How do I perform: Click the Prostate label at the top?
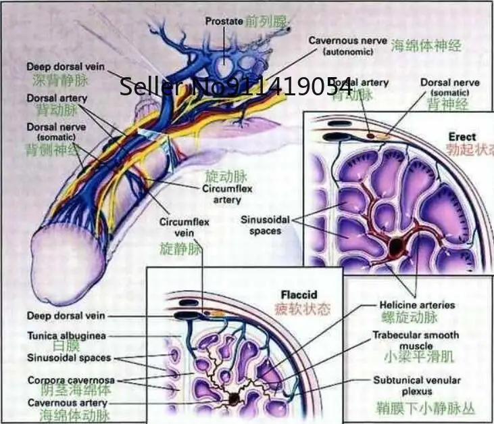224,21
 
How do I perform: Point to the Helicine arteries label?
417,305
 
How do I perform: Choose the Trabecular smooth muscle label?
416,340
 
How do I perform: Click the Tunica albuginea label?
66,335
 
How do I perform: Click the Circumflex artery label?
227,194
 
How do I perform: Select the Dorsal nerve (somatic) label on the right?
449,87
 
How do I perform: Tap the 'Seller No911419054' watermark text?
236,87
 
